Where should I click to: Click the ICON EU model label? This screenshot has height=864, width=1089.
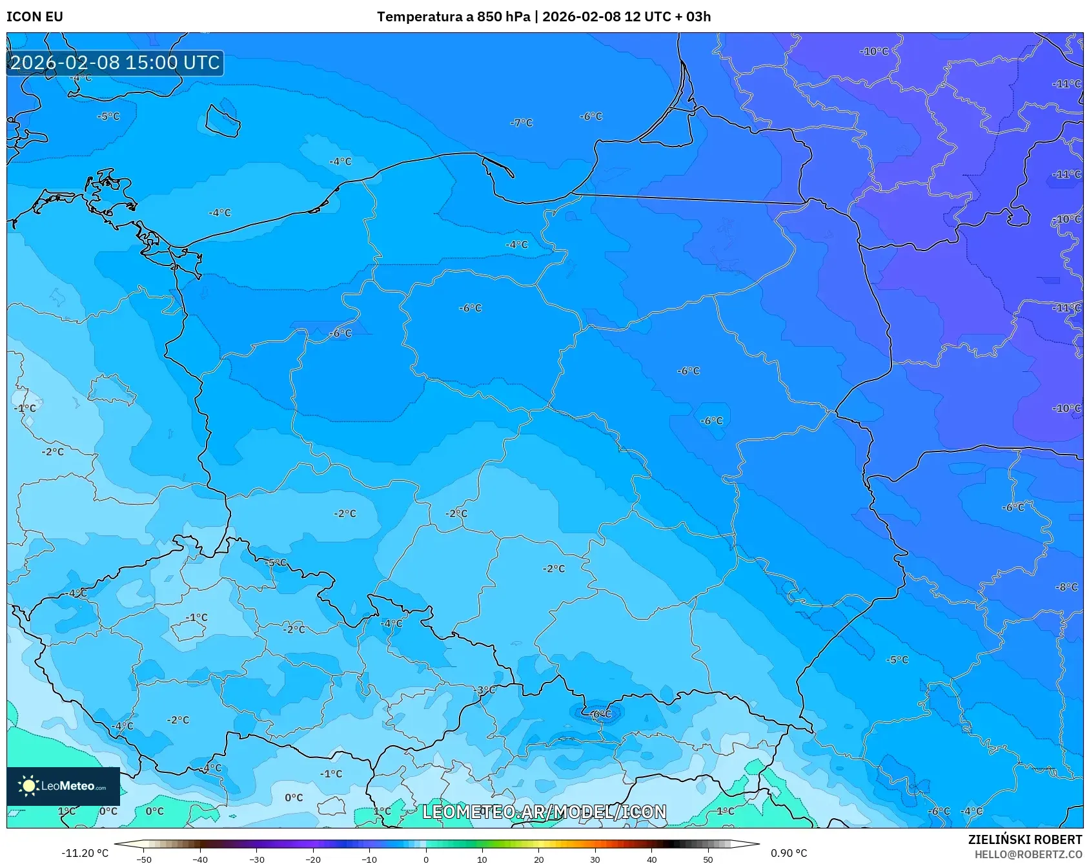pos(35,17)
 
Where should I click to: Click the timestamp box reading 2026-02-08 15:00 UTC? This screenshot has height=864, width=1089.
pos(115,63)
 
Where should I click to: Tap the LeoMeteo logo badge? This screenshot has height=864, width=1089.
pos(63,786)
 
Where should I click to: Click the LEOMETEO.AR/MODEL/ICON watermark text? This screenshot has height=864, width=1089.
pos(544,812)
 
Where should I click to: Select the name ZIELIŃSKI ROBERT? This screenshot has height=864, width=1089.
pos(1024,839)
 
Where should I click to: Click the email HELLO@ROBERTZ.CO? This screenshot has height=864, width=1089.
pos(1028,854)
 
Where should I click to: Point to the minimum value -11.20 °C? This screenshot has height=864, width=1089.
pos(85,853)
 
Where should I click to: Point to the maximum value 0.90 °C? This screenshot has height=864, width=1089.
pos(788,853)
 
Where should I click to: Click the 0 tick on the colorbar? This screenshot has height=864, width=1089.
pos(425,859)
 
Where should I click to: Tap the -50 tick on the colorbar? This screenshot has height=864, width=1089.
pos(144,859)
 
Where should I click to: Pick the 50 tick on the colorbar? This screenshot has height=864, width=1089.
pos(708,859)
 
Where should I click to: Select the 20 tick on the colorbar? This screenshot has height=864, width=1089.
pos(538,859)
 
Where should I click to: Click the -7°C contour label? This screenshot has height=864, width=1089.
pos(521,123)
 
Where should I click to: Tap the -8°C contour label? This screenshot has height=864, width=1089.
pos(1066,587)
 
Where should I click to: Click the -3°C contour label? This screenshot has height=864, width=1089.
pos(485,690)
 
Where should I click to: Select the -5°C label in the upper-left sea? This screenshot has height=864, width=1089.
pos(108,116)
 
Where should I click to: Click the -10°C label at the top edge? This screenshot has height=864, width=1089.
pos(875,51)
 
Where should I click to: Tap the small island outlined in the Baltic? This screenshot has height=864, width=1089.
pos(223,121)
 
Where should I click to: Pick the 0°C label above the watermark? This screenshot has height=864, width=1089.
pos(294,797)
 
